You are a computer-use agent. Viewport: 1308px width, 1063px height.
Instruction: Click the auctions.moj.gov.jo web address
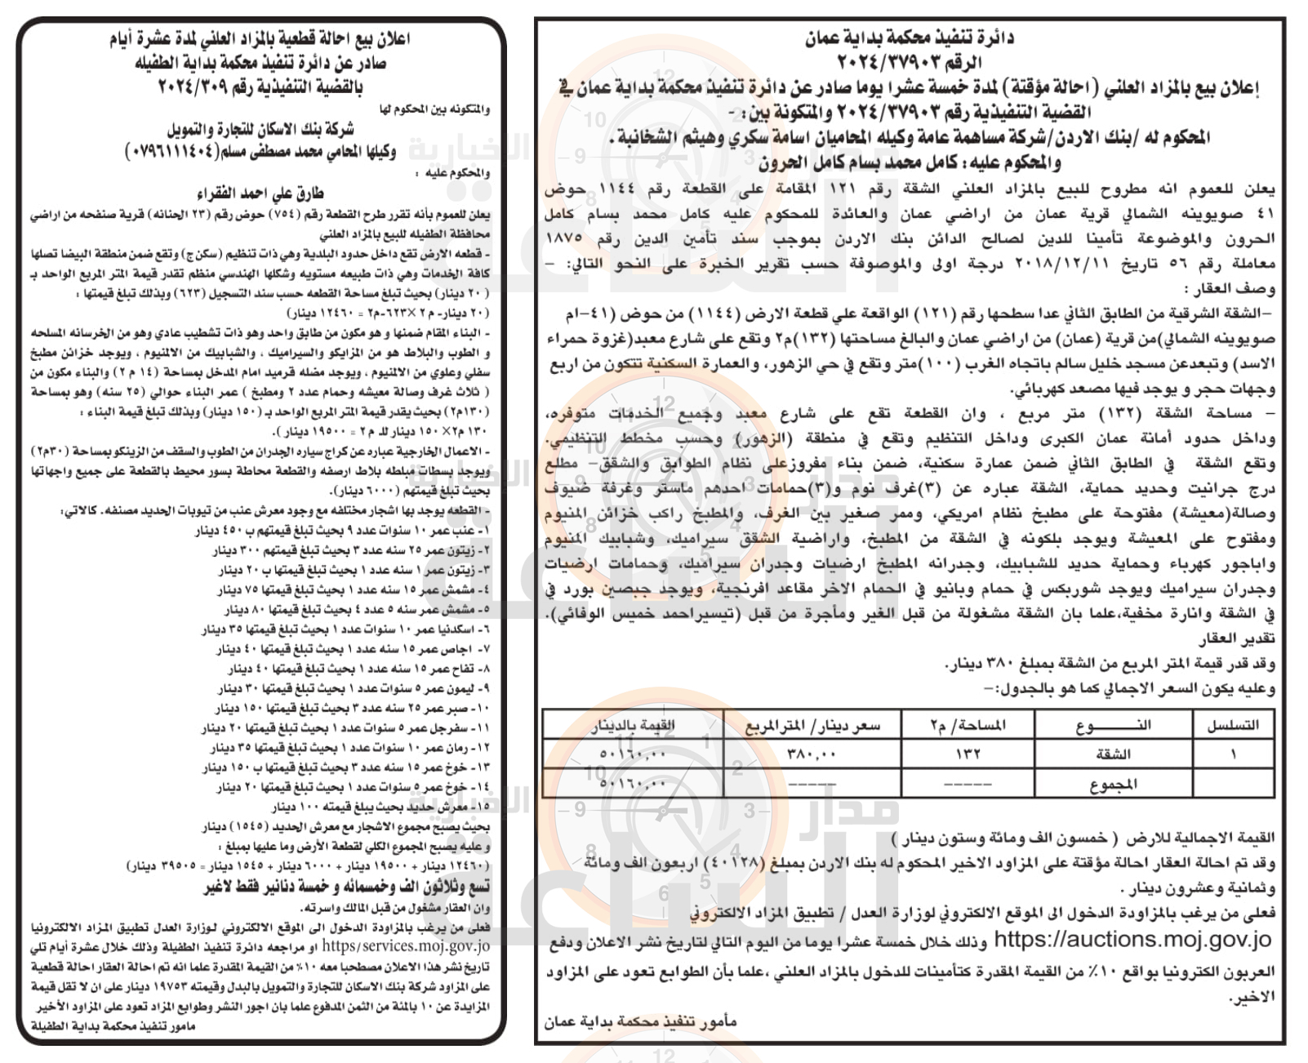(x=1132, y=940)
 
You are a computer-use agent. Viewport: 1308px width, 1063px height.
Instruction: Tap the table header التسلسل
(x=1233, y=725)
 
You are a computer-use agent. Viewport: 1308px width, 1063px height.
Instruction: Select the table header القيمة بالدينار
(x=632, y=725)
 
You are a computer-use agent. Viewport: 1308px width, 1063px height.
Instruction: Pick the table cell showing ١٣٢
(x=968, y=753)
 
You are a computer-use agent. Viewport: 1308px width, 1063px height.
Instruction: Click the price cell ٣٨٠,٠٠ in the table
(x=812, y=753)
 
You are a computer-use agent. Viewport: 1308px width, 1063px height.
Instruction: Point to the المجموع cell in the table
(x=1113, y=784)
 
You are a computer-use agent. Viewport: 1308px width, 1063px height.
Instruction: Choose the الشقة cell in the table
(x=1113, y=753)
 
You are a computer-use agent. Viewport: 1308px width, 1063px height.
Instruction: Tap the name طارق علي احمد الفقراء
(x=260, y=193)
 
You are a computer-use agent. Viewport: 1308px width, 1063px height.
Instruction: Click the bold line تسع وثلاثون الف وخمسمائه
(x=347, y=887)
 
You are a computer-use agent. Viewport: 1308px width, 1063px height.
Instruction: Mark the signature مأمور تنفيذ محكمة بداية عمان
(x=640, y=1022)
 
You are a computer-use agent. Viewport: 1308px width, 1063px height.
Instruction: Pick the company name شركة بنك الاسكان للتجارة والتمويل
(x=260, y=130)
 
